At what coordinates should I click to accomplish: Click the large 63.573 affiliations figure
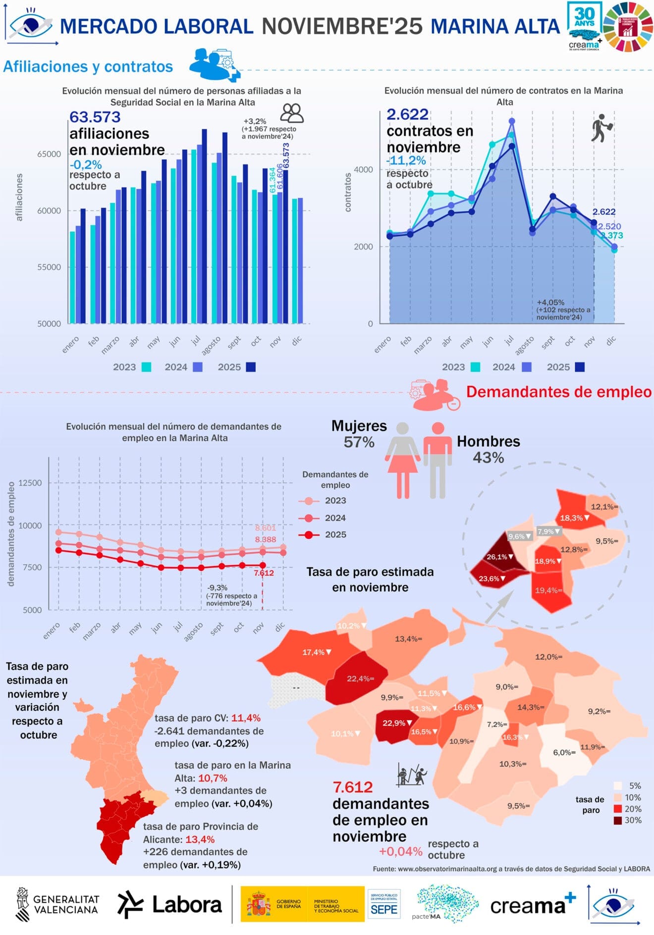pos(95,117)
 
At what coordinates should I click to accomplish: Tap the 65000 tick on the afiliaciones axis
pos(49,154)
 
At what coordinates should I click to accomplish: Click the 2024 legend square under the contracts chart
pos(527,367)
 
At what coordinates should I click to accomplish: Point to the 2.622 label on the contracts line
pos(604,212)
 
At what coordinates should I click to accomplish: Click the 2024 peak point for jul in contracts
pos(512,121)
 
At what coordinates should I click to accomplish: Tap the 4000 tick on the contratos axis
pos(363,170)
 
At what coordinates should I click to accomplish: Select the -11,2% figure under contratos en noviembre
pos(406,160)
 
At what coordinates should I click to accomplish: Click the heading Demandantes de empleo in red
pos(558,392)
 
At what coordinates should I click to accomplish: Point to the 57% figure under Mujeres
pos(359,442)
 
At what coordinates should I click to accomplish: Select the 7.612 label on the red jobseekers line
pos(264,573)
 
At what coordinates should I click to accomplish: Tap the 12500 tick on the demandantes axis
pos(30,483)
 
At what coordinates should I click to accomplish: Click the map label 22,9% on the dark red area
pos(394,723)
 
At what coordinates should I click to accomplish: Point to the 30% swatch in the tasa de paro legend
pos(618,821)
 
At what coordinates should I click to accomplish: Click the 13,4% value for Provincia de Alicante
pos(200,839)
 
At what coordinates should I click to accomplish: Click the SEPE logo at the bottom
pos(384,904)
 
